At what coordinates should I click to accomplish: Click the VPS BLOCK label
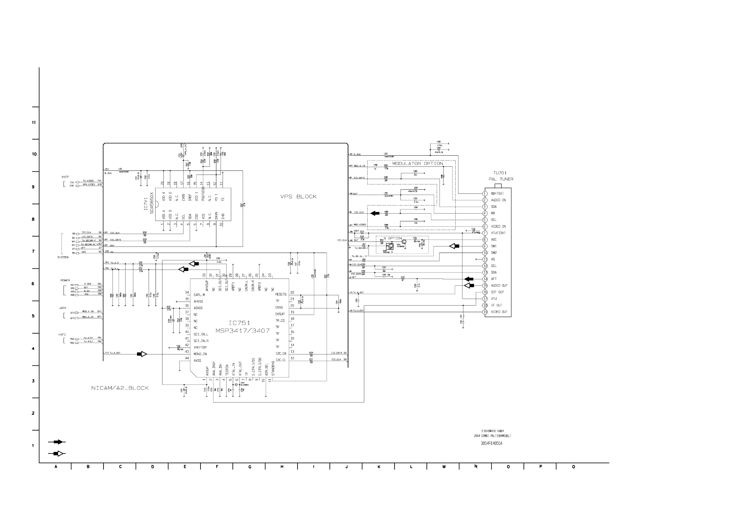click(298, 197)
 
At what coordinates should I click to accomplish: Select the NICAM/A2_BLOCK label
click(120, 388)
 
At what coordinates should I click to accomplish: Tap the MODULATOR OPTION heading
click(417, 164)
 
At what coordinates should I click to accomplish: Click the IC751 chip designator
click(239, 323)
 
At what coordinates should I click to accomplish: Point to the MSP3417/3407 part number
click(242, 331)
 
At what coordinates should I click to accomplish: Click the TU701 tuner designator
click(500, 173)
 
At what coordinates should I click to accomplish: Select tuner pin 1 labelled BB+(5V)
click(497, 193)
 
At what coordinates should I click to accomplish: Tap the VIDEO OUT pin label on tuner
click(499, 312)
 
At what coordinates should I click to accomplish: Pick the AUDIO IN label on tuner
click(498, 200)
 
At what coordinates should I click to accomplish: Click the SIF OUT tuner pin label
click(497, 292)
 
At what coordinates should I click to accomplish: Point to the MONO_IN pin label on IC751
click(200, 354)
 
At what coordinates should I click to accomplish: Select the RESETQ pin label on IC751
click(281, 294)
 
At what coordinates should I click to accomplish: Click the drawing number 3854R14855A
click(492, 443)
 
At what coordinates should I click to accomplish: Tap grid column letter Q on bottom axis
click(573, 467)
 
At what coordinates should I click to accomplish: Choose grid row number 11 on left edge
click(34, 122)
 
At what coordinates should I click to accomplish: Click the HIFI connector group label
click(62, 334)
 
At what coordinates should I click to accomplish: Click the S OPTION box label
click(393, 238)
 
